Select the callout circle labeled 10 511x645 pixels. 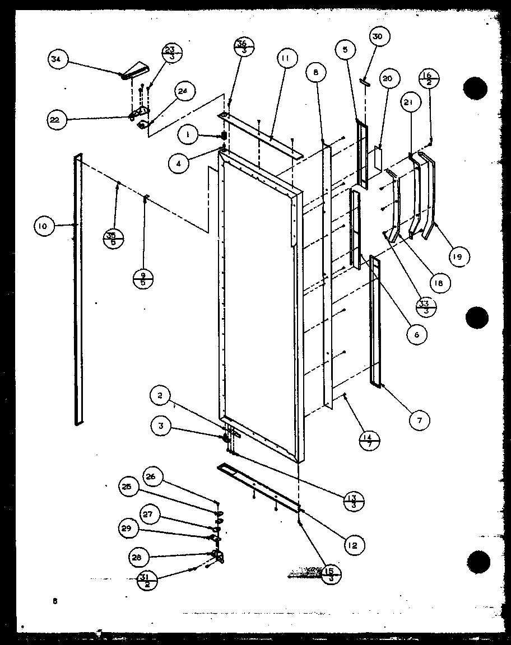click(x=43, y=226)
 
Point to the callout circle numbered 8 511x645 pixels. click(x=317, y=72)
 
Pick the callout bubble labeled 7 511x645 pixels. click(x=419, y=419)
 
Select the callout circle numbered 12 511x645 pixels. click(x=354, y=544)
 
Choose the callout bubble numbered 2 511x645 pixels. click(x=160, y=396)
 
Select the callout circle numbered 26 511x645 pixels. click(x=154, y=477)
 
